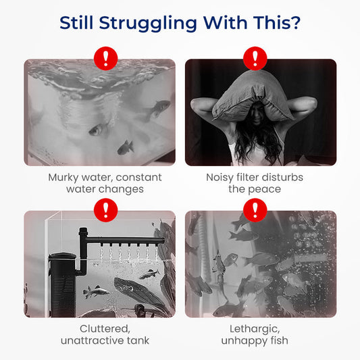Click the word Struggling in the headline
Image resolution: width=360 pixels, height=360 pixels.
click(148, 24)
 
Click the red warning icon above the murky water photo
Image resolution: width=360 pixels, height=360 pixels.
click(105, 58)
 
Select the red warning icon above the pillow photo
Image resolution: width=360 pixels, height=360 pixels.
click(255, 58)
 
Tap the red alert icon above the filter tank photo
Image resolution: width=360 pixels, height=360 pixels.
click(105, 210)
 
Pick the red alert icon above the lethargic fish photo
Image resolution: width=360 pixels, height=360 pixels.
click(255, 210)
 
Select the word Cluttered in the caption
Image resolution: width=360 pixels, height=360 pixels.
click(105, 329)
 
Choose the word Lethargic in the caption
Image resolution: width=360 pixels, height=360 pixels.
click(255, 330)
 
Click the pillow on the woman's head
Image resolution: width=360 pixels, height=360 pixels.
click(253, 97)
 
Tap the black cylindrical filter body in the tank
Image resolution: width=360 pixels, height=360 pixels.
click(62, 285)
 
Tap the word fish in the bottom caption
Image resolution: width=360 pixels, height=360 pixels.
click(279, 340)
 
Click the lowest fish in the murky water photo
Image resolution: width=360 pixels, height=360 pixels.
click(126, 147)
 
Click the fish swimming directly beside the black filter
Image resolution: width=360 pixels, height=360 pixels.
click(96, 292)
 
